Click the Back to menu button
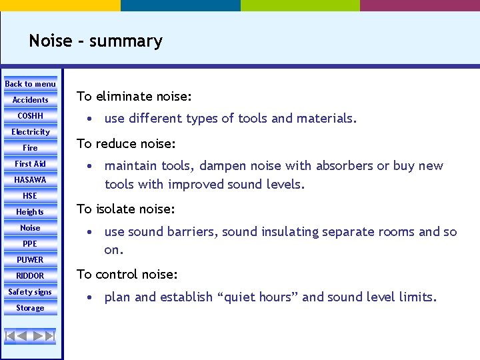31,84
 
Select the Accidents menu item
31,100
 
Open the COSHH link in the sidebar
31,116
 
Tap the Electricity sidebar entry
31,132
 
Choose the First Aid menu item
31,164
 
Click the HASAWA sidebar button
31,180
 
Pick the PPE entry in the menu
31,244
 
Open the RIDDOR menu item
31,276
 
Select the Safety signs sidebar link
31,292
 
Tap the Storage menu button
31,308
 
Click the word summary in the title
125,41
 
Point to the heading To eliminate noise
135,97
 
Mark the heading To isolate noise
126,209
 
